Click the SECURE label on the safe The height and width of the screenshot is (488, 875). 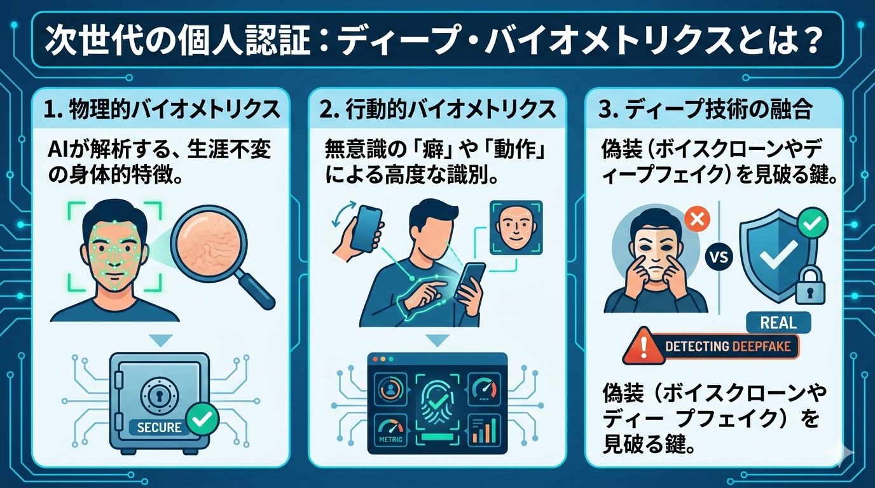tap(159, 427)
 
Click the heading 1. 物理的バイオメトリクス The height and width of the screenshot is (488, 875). tap(162, 109)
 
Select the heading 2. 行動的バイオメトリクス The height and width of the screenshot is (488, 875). tap(437, 109)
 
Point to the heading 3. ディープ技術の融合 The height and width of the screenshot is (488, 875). tap(706, 109)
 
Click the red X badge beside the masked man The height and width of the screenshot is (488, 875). tap(696, 221)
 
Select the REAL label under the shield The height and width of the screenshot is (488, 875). tap(778, 323)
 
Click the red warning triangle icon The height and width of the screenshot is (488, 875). tap(641, 346)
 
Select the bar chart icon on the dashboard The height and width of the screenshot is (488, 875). tap(483, 430)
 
